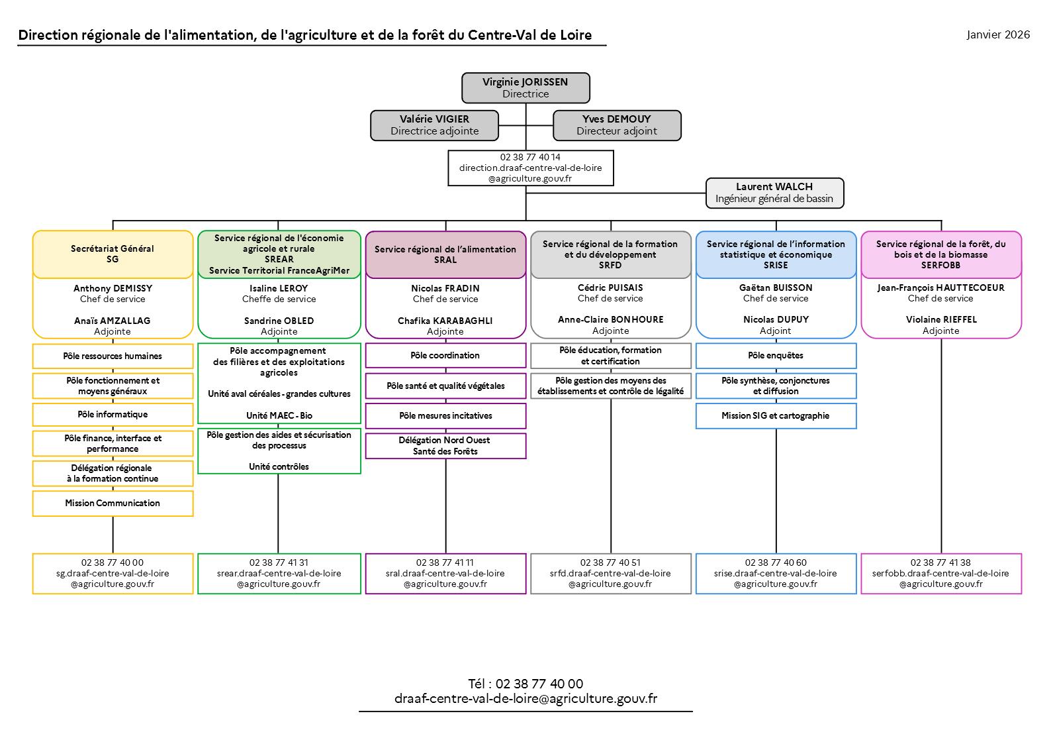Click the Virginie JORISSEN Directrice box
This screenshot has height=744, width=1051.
pos(525,88)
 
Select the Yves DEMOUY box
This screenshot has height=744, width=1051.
pos(617,125)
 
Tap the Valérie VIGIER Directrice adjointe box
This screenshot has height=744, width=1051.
pos(434,125)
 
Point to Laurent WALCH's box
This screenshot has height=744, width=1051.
pos(774,193)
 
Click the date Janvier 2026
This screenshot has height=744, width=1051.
pos(998,34)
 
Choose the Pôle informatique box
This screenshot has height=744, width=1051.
pos(113,415)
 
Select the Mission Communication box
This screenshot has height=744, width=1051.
pos(113,504)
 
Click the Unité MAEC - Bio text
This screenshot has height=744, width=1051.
pos(279,416)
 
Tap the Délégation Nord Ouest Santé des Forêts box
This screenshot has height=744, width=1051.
pos(445,446)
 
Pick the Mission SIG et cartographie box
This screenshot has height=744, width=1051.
pos(776,416)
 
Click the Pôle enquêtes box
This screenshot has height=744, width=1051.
pos(776,356)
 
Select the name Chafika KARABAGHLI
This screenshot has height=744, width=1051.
pos(445,321)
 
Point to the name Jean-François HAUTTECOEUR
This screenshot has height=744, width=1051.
pos(940,288)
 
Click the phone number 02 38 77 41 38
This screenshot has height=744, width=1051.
pos(940,562)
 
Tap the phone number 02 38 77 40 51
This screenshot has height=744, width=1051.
pos(610,562)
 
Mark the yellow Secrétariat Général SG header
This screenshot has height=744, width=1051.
pos(113,254)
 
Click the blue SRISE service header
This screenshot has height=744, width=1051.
pos(776,254)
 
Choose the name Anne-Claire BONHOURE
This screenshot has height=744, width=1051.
pos(610,319)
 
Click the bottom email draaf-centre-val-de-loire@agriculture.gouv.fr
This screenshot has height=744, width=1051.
pos(525,699)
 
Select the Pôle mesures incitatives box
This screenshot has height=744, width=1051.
pos(445,416)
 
